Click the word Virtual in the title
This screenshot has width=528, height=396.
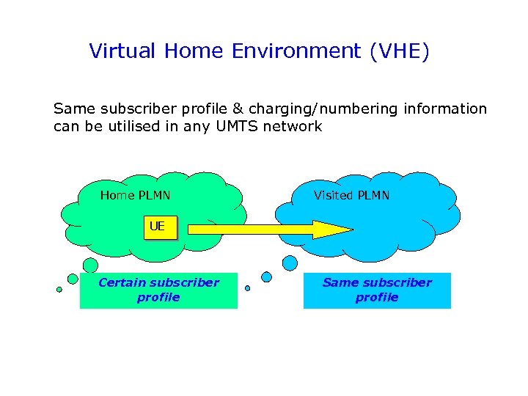click(122, 51)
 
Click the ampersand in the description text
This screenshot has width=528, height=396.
click(238, 109)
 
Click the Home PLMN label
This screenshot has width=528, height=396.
click(135, 195)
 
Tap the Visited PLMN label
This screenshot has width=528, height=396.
click(351, 195)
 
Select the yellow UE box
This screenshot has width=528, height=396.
click(158, 227)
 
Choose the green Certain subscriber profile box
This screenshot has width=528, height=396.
click(158, 290)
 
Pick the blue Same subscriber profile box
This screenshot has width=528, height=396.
click(377, 290)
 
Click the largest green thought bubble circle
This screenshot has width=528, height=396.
click(90, 265)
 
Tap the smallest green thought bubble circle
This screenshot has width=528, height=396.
click(59, 289)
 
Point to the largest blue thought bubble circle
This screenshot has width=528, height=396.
click(290, 263)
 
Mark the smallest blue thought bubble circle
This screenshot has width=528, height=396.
click(247, 288)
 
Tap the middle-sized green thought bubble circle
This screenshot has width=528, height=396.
click(73, 279)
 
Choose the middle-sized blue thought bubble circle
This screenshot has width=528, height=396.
click(267, 277)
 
